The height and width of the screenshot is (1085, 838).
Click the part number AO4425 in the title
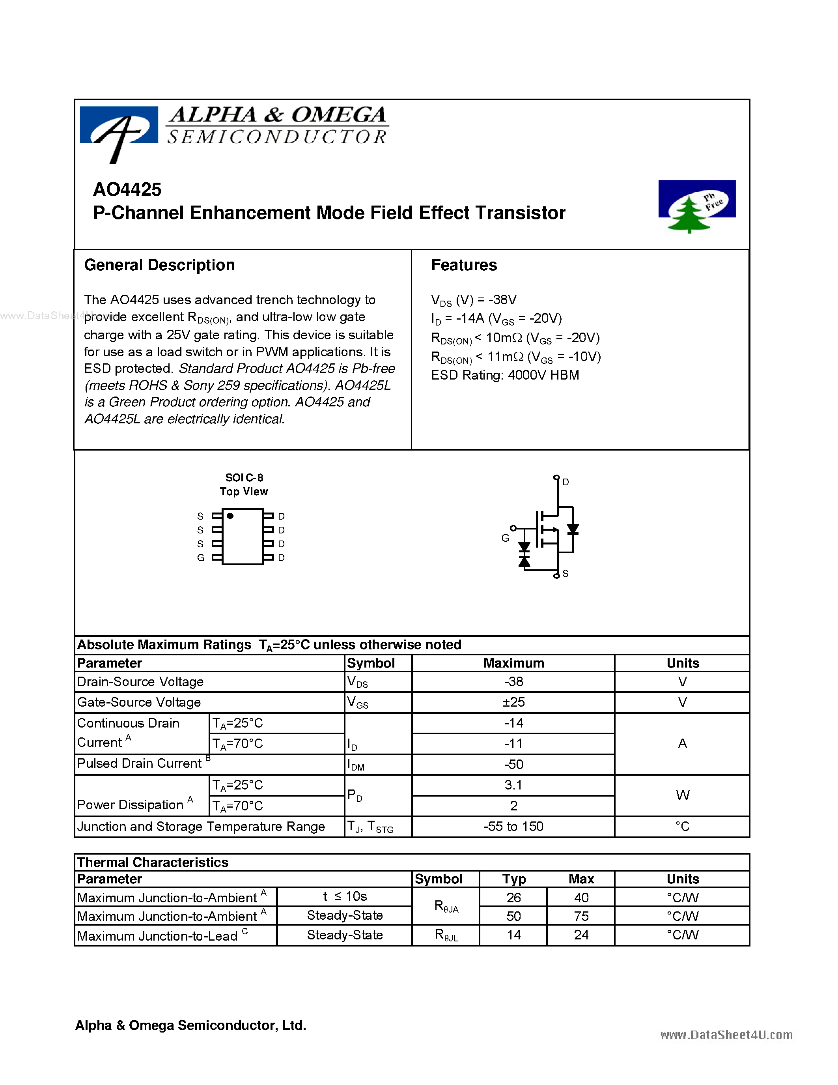(x=127, y=189)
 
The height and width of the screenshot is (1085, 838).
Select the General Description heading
(x=159, y=265)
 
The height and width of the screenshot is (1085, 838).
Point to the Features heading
(x=464, y=265)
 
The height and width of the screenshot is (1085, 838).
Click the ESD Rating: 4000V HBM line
(x=505, y=375)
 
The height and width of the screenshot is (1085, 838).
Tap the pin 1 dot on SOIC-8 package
(x=230, y=516)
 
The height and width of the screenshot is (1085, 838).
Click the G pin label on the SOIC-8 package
(x=201, y=558)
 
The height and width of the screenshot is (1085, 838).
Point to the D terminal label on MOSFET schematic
(x=566, y=482)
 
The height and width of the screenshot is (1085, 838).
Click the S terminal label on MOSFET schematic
(x=565, y=574)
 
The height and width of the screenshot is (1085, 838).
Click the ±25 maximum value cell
(x=513, y=702)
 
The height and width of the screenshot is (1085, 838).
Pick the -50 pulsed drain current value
(x=513, y=764)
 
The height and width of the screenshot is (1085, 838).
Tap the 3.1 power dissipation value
(x=513, y=785)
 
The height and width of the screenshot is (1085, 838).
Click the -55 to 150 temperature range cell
(x=513, y=826)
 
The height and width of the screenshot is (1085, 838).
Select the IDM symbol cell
(x=356, y=765)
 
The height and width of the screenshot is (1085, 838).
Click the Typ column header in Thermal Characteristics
(x=513, y=879)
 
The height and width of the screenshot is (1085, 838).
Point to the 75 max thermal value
(x=581, y=916)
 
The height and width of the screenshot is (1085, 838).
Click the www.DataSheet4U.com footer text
(x=726, y=1034)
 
